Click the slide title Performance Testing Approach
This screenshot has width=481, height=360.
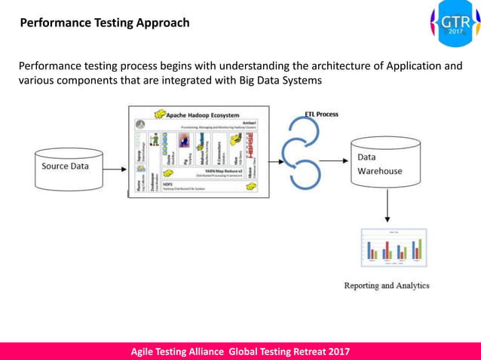(x=104, y=23)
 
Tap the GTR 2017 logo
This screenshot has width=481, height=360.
(x=455, y=24)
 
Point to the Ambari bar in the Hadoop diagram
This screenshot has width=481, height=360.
(x=200, y=126)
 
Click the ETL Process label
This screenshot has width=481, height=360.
(x=320, y=114)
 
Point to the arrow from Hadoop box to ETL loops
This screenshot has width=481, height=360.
(x=277, y=160)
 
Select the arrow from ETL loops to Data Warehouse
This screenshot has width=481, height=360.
(x=333, y=160)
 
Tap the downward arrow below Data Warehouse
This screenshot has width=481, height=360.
(x=387, y=206)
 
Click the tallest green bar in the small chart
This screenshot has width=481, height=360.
(x=419, y=249)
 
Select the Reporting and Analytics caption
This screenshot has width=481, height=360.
(x=386, y=286)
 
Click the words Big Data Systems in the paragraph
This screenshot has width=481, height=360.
(x=279, y=81)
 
